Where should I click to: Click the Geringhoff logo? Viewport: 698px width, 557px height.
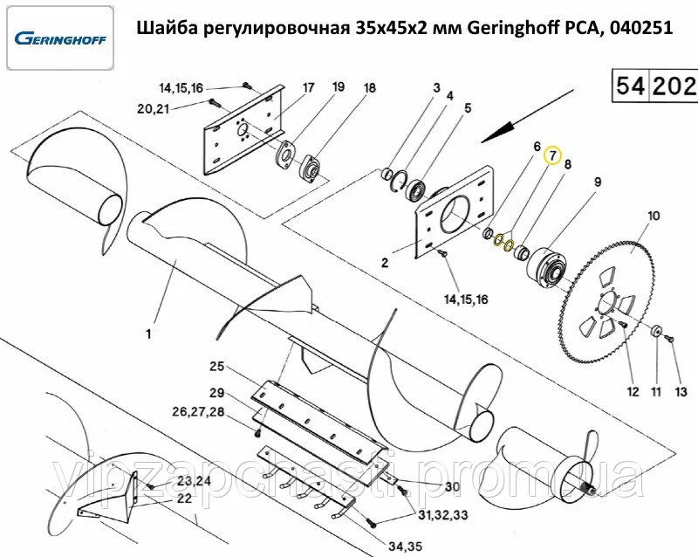tap(60, 38)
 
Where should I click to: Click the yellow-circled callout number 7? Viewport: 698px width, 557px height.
tap(552, 155)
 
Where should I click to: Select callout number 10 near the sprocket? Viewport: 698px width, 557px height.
tap(654, 217)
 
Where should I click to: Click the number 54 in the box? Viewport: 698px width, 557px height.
tap(630, 85)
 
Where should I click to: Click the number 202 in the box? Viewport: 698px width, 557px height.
tap(674, 85)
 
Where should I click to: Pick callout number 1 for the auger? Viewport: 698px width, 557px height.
tap(148, 334)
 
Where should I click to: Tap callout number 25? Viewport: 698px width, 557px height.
tap(216, 367)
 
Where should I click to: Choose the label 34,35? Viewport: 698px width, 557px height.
tap(405, 546)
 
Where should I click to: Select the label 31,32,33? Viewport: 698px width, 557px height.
tap(443, 516)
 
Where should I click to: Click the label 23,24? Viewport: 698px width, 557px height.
tap(194, 482)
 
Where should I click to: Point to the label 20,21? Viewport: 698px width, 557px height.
tap(154, 108)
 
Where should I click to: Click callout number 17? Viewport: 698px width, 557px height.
tap(308, 88)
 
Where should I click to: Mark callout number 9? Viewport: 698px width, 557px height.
tap(598, 182)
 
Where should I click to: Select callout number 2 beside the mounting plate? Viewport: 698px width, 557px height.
tap(385, 263)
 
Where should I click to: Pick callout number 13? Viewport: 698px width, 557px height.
tap(681, 392)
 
